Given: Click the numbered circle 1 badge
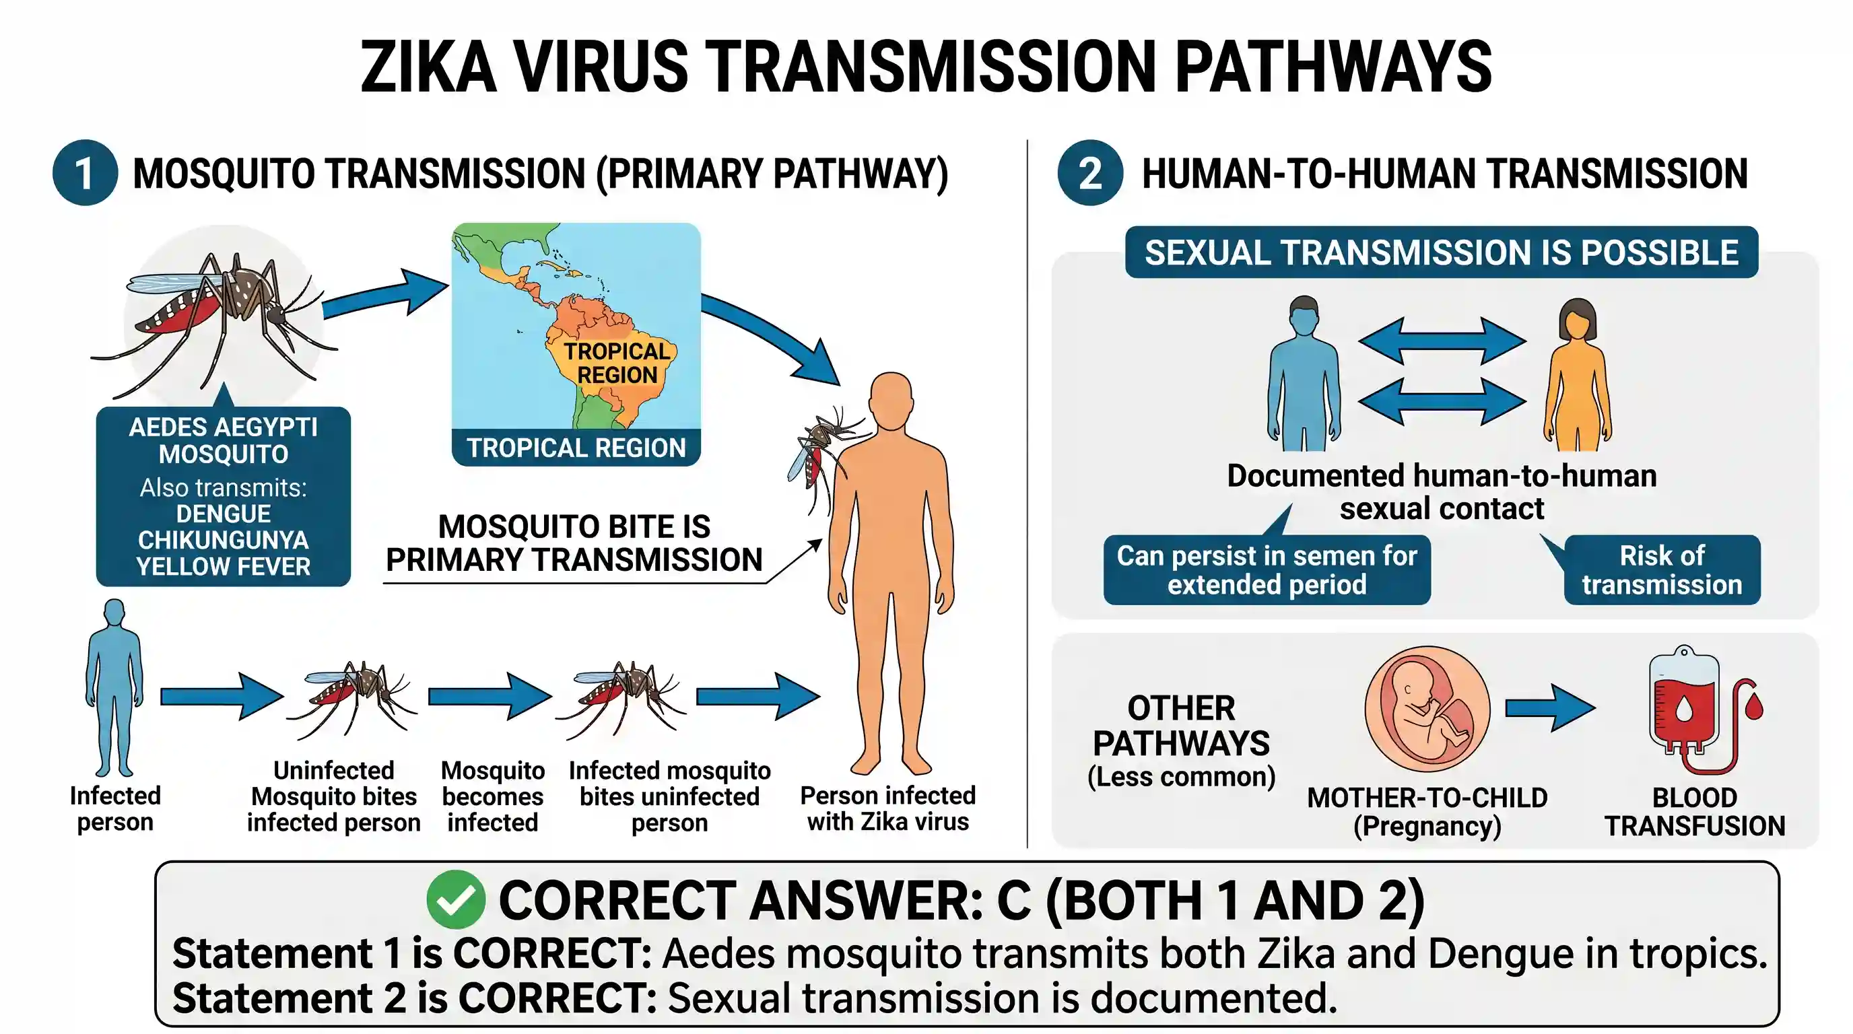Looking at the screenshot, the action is coord(85,172).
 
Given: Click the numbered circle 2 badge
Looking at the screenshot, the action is coord(1090,172).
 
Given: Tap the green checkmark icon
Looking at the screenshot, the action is coord(455,899).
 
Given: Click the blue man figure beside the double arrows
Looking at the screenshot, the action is coord(1304,374).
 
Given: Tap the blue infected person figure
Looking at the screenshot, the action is coord(114,687).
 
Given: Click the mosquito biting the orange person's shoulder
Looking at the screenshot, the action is coord(828,453).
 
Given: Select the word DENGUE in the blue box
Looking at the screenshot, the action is coord(224,514).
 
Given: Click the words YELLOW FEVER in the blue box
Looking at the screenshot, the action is coord(224,567).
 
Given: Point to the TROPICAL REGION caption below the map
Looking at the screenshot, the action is coord(576,448).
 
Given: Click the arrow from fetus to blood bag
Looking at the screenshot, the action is coord(1550,708).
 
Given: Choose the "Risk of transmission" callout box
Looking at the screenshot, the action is coord(1662,570).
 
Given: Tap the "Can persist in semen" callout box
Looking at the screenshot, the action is coord(1267,570).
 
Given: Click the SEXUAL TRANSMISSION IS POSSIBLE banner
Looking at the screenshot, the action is coord(1442,252).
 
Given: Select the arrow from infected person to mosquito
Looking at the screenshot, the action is coord(222,696).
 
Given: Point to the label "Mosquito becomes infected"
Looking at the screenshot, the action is coord(493,796).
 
